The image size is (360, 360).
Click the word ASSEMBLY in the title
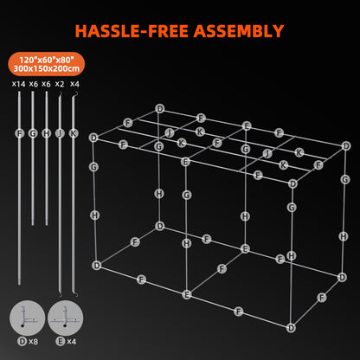tap(235, 32)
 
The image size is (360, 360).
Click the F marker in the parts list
tap(19, 133)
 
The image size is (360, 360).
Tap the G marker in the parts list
tap(32, 133)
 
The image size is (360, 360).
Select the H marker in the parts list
tap(46, 133)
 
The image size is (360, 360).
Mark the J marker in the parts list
tap(59, 133)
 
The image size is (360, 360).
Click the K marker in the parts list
tap(73, 133)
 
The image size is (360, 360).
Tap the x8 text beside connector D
tap(34, 343)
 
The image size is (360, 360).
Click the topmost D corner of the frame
tap(159, 108)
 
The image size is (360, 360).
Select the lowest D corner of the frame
tap(292, 327)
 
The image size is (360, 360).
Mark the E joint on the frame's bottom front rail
tap(186, 294)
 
